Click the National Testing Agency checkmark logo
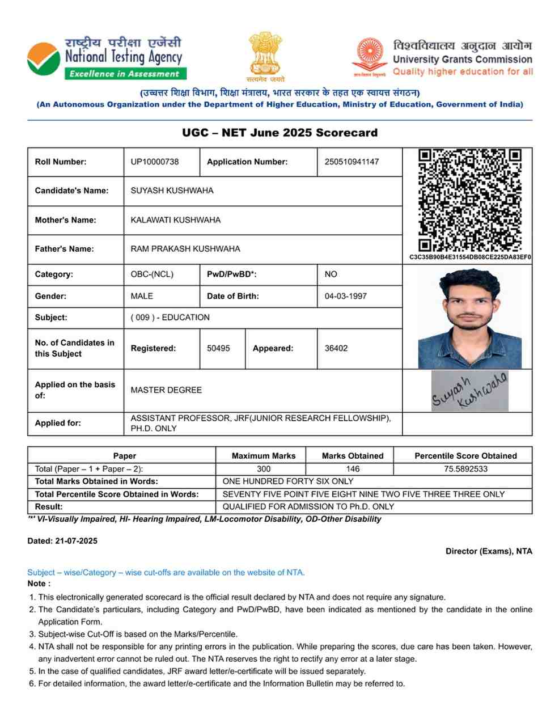tap(43, 59)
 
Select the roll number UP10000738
tap(154, 162)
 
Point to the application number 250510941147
tap(352, 162)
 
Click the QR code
tap(469, 200)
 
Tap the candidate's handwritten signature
tap(469, 391)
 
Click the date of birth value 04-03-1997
tap(345, 296)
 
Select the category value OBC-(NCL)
tap(152, 274)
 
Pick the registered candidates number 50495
tap(218, 348)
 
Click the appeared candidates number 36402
tap(336, 348)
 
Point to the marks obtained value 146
tap(353, 469)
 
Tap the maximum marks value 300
tap(264, 469)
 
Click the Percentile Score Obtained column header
tap(465, 456)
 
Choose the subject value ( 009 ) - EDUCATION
tap(170, 318)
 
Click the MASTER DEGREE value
tap(166, 390)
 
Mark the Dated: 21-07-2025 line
tap(62, 541)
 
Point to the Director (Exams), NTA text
tap(489, 551)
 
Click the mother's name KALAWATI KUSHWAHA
tap(176, 220)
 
